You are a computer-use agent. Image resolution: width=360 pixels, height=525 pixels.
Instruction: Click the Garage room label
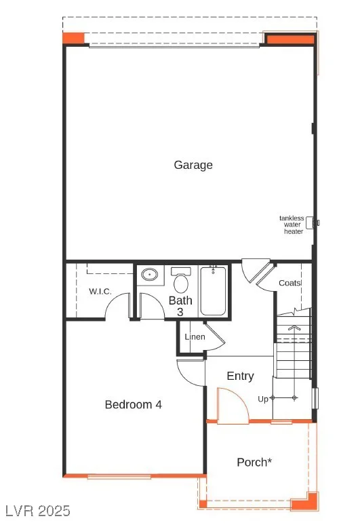point(193,165)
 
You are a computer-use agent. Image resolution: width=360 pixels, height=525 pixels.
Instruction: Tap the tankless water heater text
point(292,225)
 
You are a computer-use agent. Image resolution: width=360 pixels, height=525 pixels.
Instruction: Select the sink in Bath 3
point(149,275)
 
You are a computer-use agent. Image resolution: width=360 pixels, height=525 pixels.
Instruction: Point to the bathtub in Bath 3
point(213,291)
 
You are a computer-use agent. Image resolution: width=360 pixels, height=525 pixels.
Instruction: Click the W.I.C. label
point(100,291)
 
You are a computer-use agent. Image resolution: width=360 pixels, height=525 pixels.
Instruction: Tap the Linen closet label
point(195,337)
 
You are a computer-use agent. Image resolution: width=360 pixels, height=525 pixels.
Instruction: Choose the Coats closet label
point(289,283)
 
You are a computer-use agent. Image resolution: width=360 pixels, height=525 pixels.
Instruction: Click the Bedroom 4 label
point(133,404)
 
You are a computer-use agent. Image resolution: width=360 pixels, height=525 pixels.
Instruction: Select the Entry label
point(240,376)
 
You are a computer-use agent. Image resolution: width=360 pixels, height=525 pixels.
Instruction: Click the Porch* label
point(254,463)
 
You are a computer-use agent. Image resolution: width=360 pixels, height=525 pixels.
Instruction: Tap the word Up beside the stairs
point(262,399)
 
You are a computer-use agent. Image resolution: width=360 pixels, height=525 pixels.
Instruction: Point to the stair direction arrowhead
point(294,328)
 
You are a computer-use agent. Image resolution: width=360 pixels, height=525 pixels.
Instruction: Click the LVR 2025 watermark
point(35,511)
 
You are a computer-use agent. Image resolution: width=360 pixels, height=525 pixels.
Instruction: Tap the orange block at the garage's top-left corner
point(73,37)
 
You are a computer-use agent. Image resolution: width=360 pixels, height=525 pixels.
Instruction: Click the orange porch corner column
point(304,501)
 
